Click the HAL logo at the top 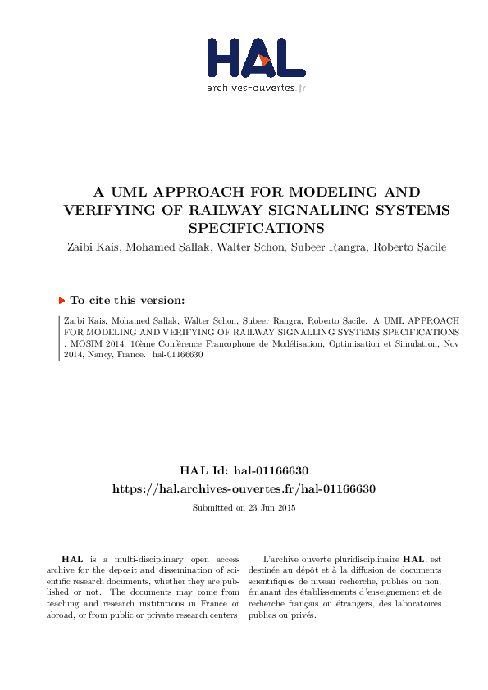255,57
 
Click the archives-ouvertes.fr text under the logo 256,87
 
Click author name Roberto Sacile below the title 413,247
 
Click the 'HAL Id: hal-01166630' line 244,471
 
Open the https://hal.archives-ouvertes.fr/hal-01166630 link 244,488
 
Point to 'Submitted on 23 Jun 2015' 244,507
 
